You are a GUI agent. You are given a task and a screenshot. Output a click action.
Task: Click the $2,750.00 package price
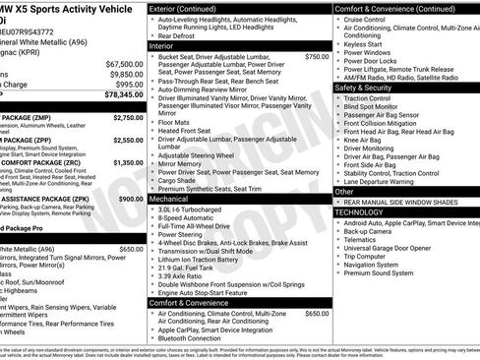[x=128, y=117]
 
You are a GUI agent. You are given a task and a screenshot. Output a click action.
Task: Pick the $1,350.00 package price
[x=128, y=162]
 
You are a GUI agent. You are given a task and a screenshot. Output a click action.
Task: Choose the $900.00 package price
[x=130, y=199]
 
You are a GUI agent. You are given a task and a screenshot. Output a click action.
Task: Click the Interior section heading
[x=162, y=46]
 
